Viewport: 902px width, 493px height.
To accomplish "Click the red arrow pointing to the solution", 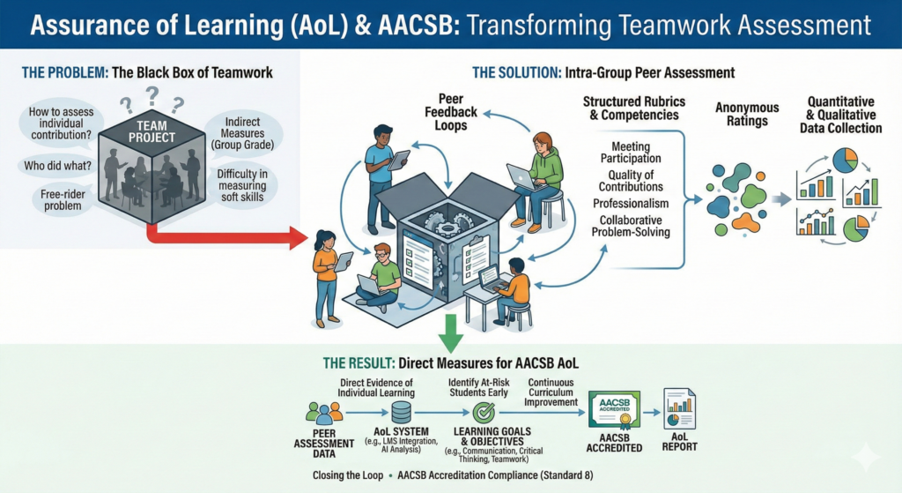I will click(229, 236).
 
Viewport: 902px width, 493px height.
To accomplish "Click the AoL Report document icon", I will click(679, 410).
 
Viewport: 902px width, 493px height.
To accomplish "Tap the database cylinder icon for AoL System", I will click(400, 412).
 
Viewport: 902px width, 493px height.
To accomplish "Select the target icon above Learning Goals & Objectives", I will click(484, 412).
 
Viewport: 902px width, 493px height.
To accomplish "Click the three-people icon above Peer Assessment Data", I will click(323, 411).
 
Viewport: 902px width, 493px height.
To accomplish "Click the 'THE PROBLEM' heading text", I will click(53, 73).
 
